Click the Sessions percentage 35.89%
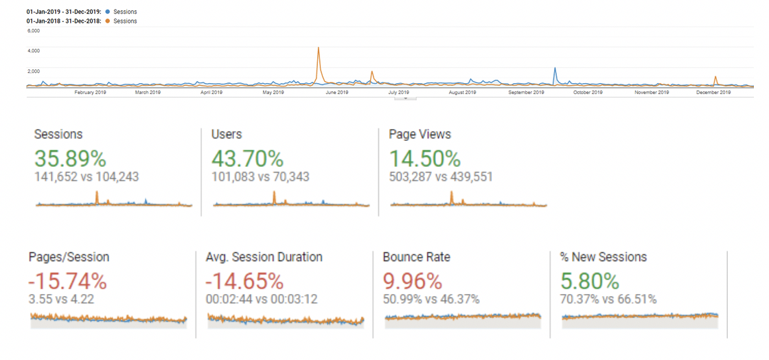pos(70,159)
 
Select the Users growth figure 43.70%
pos(247,159)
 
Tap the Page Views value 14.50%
pos(424,159)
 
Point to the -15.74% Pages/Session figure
pos(67,281)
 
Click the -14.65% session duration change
pos(244,281)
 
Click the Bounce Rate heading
pos(416,257)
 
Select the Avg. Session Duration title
pos(264,257)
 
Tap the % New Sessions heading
pos(604,257)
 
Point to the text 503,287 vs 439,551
pos(441,177)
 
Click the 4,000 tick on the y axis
pos(33,50)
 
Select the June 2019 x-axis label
pos(336,92)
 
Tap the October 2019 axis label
pos(588,92)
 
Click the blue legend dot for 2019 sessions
pos(108,12)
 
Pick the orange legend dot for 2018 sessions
pos(108,21)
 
